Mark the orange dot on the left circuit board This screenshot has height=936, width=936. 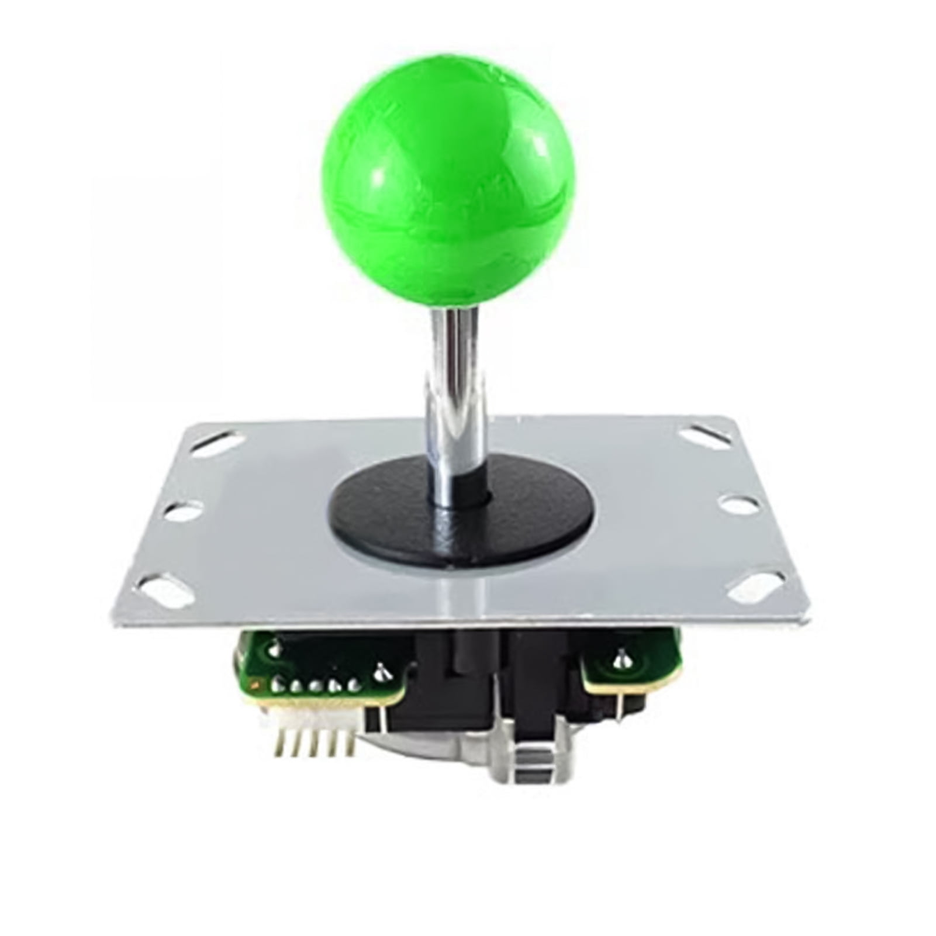pos(253,682)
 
